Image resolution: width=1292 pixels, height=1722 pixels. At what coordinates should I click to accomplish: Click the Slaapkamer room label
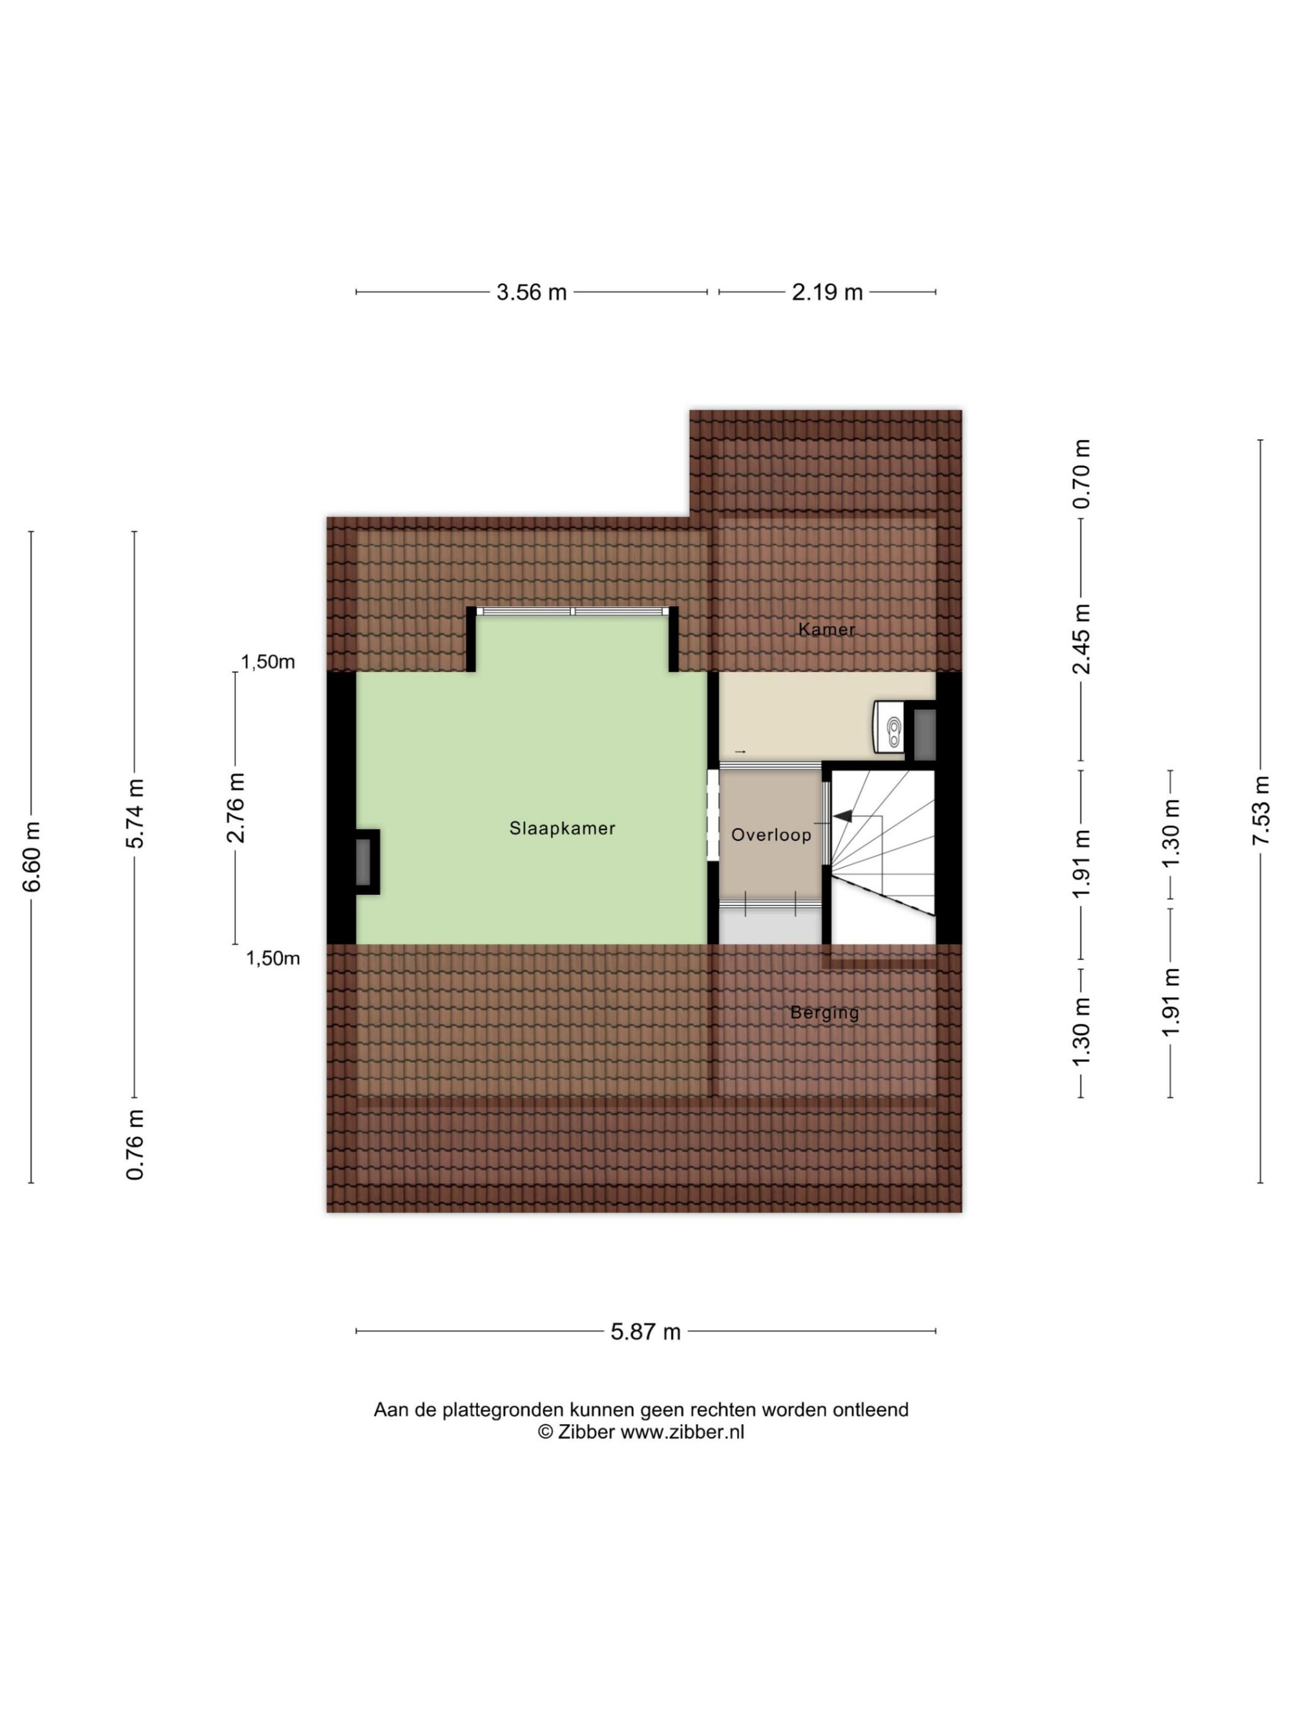point(562,828)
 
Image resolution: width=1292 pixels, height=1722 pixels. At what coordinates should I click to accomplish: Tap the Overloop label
point(771,835)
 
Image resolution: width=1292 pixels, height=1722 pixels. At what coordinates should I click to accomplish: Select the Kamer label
point(826,629)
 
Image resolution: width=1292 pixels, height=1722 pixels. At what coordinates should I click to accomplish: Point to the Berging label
point(824,1013)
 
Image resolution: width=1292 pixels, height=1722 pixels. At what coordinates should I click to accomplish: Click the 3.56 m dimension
point(532,292)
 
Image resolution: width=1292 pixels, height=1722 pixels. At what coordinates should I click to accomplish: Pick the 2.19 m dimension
point(827,292)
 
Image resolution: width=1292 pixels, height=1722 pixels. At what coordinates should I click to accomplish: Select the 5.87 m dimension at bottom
point(645,1332)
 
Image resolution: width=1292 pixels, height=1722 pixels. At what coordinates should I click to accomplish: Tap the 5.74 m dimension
point(135,814)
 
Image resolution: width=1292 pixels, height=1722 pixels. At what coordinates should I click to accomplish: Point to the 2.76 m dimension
point(235,808)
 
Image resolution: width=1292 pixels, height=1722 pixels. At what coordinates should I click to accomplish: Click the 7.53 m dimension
point(1261,810)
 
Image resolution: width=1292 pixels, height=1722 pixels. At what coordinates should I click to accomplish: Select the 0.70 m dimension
point(1081,474)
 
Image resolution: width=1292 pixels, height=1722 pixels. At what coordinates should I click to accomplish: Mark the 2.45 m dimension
point(1081,639)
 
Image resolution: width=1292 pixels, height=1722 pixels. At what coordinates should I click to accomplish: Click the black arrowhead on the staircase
point(842,817)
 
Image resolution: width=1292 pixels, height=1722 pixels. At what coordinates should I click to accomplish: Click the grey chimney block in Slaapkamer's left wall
point(364,862)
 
